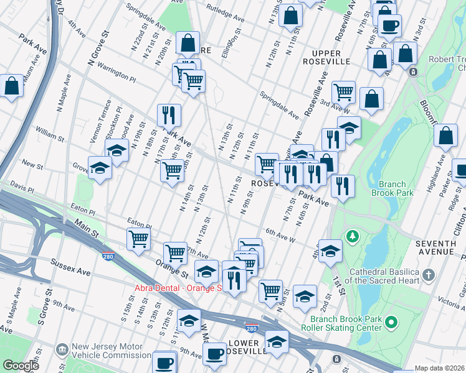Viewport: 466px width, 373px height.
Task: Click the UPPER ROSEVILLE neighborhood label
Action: pos(322,56)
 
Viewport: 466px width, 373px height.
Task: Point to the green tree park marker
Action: pos(353,236)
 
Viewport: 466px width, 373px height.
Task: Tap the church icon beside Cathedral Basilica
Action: pos(428,274)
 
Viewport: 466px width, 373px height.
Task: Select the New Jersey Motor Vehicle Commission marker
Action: pos(61,350)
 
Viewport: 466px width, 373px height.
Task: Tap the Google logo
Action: pos(21,366)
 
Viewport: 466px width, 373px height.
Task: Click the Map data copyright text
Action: pos(439,368)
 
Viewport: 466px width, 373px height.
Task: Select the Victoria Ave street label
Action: pos(451,302)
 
